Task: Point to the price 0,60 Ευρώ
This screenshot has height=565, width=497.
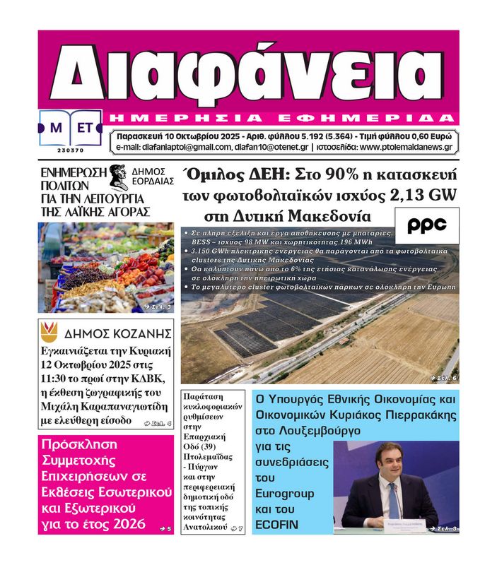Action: [425, 134]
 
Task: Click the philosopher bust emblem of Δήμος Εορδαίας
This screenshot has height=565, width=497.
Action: [118, 177]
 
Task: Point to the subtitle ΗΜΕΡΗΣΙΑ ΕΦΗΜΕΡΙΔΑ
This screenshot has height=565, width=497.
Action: [283, 117]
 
